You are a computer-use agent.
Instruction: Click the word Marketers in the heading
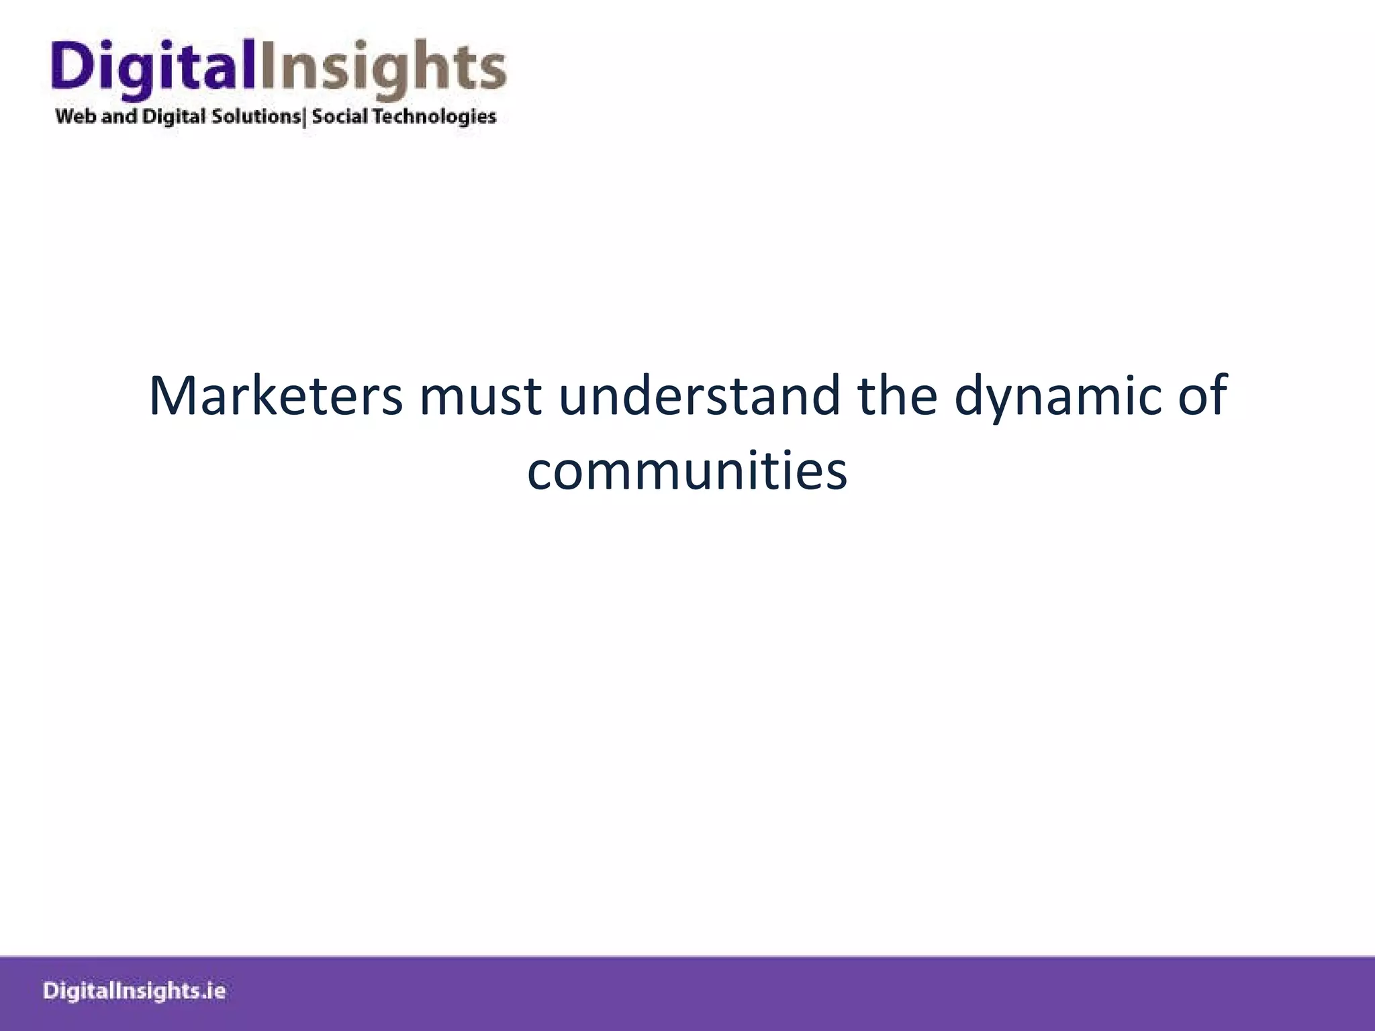(x=275, y=396)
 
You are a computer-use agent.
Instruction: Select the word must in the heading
(x=481, y=396)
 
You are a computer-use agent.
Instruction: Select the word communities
(x=687, y=471)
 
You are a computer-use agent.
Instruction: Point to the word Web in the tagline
(x=76, y=116)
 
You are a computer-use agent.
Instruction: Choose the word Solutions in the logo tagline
(x=256, y=116)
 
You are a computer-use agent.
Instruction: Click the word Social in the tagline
(x=340, y=116)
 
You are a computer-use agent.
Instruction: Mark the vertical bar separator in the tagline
(x=305, y=117)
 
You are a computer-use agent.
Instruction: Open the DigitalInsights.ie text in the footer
(x=134, y=991)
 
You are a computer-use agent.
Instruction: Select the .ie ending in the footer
(x=213, y=991)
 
